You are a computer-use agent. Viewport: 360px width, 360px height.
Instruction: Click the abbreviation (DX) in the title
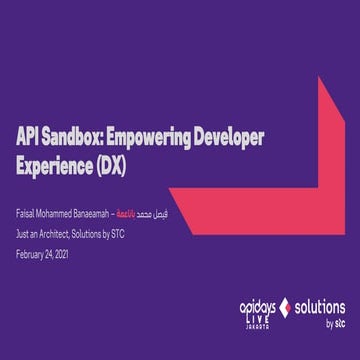tap(111, 163)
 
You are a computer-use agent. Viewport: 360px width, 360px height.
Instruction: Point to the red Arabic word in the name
tap(144, 216)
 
